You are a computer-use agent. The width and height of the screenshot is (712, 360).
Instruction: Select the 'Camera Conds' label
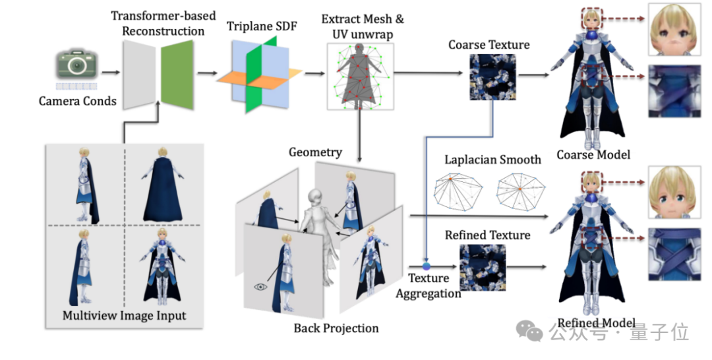[77, 101]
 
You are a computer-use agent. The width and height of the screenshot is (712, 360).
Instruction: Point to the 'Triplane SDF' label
[262, 27]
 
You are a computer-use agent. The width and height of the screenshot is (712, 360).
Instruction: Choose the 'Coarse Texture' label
[489, 45]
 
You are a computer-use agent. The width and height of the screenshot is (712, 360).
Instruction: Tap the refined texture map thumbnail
[483, 268]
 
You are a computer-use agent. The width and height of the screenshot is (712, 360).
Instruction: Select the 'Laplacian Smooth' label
[492, 160]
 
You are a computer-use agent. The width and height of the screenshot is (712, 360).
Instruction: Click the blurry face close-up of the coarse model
[672, 30]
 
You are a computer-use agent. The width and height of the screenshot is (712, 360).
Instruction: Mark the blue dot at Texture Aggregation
[427, 265]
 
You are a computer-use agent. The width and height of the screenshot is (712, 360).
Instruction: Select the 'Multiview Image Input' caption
[124, 315]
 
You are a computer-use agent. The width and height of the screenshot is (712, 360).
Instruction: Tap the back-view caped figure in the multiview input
[162, 182]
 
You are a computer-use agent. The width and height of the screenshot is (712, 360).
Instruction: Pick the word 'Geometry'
[315, 152]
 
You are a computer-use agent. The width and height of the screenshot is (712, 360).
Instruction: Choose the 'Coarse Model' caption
[593, 155]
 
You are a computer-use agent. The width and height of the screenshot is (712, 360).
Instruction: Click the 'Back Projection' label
[336, 328]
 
